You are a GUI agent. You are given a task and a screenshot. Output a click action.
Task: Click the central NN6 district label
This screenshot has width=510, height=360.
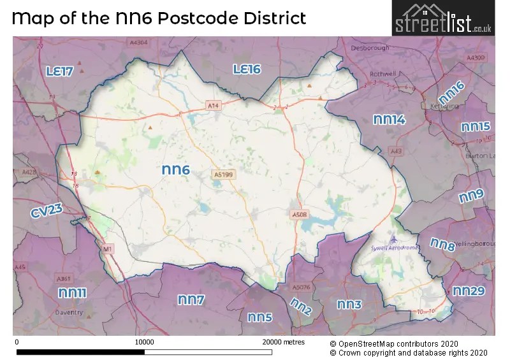pyautogui.click(x=176, y=169)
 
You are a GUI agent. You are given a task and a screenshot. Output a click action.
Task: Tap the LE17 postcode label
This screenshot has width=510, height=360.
pyautogui.click(x=59, y=71)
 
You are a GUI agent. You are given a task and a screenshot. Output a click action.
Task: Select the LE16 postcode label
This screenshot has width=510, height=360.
pyautogui.click(x=247, y=69)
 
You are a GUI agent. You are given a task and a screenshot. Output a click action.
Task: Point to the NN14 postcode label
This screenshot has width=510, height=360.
pyautogui.click(x=389, y=119)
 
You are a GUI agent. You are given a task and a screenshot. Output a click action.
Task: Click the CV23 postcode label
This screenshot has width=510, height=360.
pyautogui.click(x=47, y=212)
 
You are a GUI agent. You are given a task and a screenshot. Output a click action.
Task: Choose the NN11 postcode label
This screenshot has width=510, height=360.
pyautogui.click(x=72, y=292)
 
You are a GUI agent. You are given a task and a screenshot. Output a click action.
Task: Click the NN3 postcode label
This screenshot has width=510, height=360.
pyautogui.click(x=349, y=305)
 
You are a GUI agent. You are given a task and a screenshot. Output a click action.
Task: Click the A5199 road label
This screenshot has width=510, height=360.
pyautogui.click(x=224, y=173)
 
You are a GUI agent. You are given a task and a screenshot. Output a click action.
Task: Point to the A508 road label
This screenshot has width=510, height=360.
pyautogui.click(x=299, y=214)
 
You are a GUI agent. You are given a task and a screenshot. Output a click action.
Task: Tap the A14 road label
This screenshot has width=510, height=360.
pyautogui.click(x=213, y=104)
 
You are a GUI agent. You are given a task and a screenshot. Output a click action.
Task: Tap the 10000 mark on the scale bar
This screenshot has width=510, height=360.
pyautogui.click(x=145, y=342)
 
